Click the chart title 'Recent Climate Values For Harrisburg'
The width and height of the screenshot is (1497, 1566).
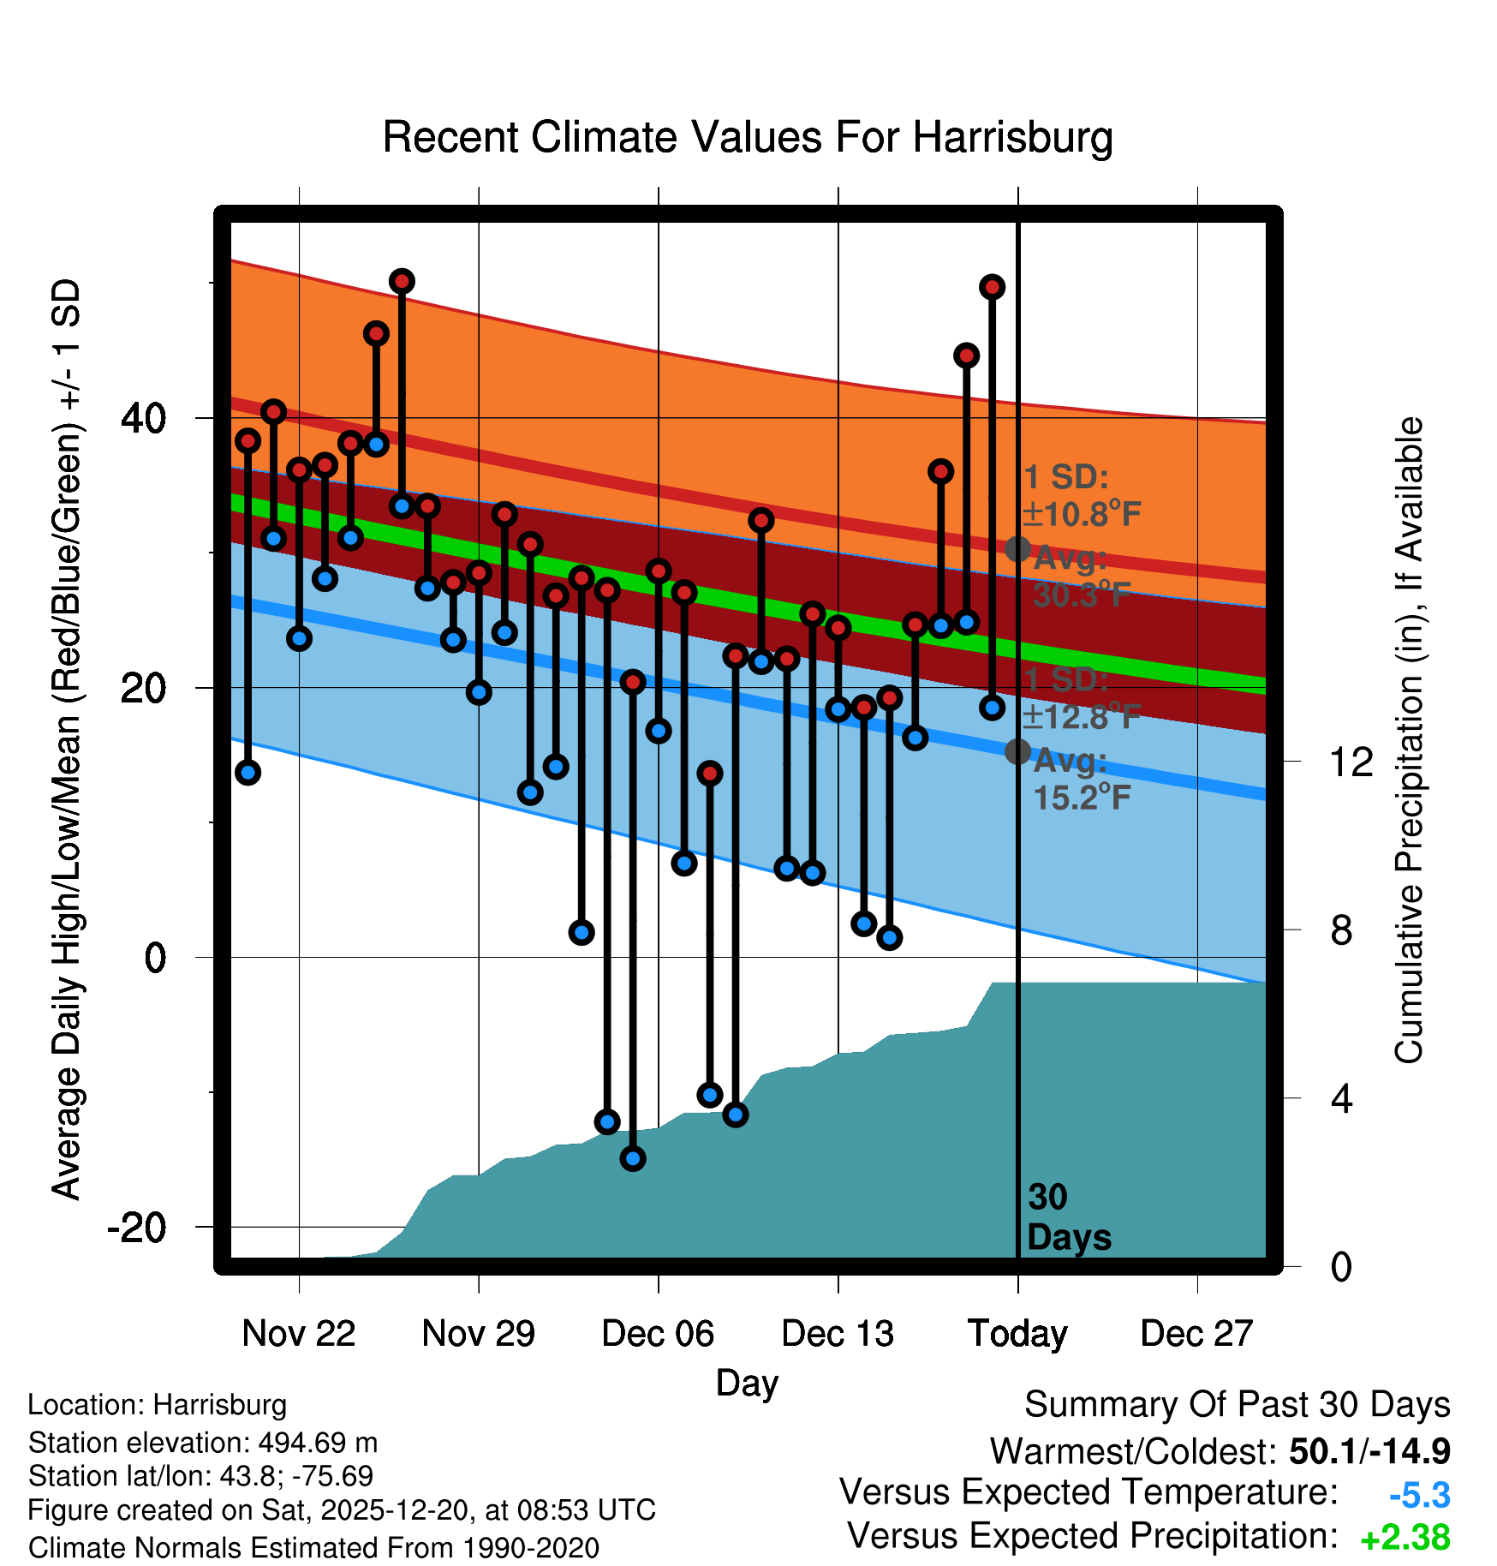tap(748, 137)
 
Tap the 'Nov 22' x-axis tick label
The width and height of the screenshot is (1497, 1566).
tap(298, 1334)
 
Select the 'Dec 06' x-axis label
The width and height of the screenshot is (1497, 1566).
tap(658, 1334)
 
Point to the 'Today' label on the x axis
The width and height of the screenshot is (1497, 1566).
tap(1017, 1334)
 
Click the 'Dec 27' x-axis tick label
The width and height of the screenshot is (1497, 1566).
tap(1196, 1334)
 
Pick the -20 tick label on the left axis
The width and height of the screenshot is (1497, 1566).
tap(137, 1228)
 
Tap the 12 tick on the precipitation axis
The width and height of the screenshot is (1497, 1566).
tap(1351, 762)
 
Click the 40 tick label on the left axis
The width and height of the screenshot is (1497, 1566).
tap(144, 418)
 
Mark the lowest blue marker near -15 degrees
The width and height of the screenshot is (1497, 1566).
tap(633, 1158)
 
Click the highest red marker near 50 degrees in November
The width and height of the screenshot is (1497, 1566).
tap(402, 281)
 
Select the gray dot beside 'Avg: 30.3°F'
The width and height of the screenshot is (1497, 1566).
tap(1017, 549)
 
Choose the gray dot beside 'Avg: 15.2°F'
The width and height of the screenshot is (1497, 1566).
tap(1017, 751)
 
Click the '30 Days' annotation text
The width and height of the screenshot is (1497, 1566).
tap(1068, 1217)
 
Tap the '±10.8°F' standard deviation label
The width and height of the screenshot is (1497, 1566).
tap(1082, 515)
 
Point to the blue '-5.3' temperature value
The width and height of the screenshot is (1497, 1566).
tap(1419, 1496)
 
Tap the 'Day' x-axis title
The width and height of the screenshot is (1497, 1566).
tap(747, 1383)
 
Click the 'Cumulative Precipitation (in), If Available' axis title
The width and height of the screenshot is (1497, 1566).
tap(1409, 741)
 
